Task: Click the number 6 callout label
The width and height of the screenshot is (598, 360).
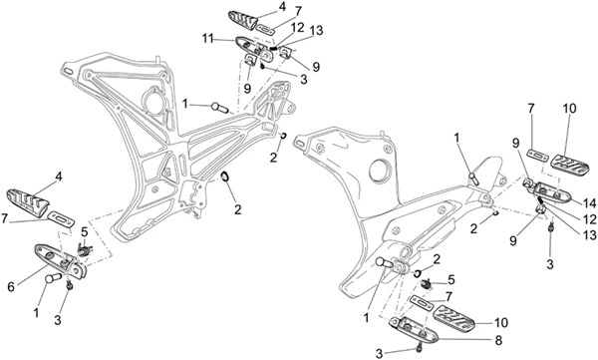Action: [11, 286]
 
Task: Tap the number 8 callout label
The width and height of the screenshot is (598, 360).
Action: [498, 340]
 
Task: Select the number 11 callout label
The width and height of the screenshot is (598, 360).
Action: [207, 39]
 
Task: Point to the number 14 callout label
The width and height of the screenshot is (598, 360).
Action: [590, 203]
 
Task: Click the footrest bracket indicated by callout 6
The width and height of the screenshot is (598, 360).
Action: [61, 260]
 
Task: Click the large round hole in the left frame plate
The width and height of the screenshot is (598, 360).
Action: [154, 101]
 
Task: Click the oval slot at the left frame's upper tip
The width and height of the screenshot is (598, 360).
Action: [68, 72]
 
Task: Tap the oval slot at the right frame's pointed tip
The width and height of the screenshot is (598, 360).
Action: [299, 144]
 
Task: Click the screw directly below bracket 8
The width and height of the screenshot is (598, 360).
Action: [420, 348]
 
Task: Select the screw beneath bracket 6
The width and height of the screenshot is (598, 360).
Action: [70, 285]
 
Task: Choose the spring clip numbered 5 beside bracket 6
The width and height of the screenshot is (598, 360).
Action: [85, 250]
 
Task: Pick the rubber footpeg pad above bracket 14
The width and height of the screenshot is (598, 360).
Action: [569, 166]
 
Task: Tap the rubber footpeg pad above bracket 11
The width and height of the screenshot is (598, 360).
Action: [242, 20]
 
